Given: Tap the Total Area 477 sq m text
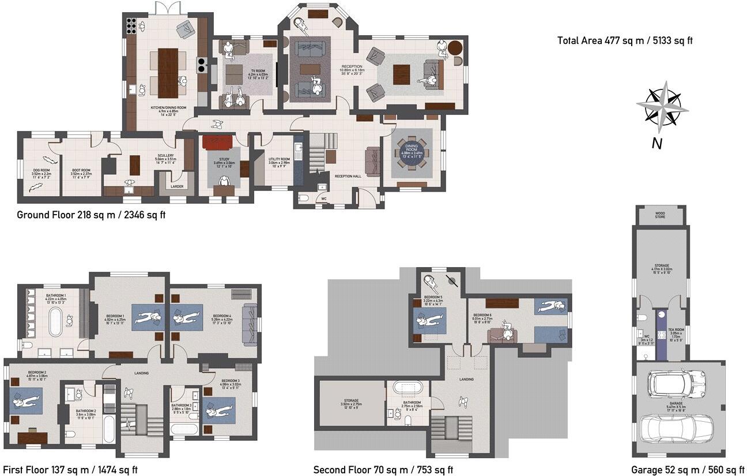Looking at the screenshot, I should [x=628, y=41].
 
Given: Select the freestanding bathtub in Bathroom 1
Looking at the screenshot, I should [x=55, y=322].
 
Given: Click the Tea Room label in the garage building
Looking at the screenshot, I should [x=675, y=331].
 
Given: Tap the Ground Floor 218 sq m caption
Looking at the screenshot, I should [x=91, y=215].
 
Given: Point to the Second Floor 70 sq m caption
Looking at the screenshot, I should [x=383, y=470].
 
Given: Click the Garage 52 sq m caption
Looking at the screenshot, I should [x=688, y=470].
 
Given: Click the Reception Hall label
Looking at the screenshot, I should [x=348, y=176].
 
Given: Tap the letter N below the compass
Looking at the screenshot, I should [x=657, y=144].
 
